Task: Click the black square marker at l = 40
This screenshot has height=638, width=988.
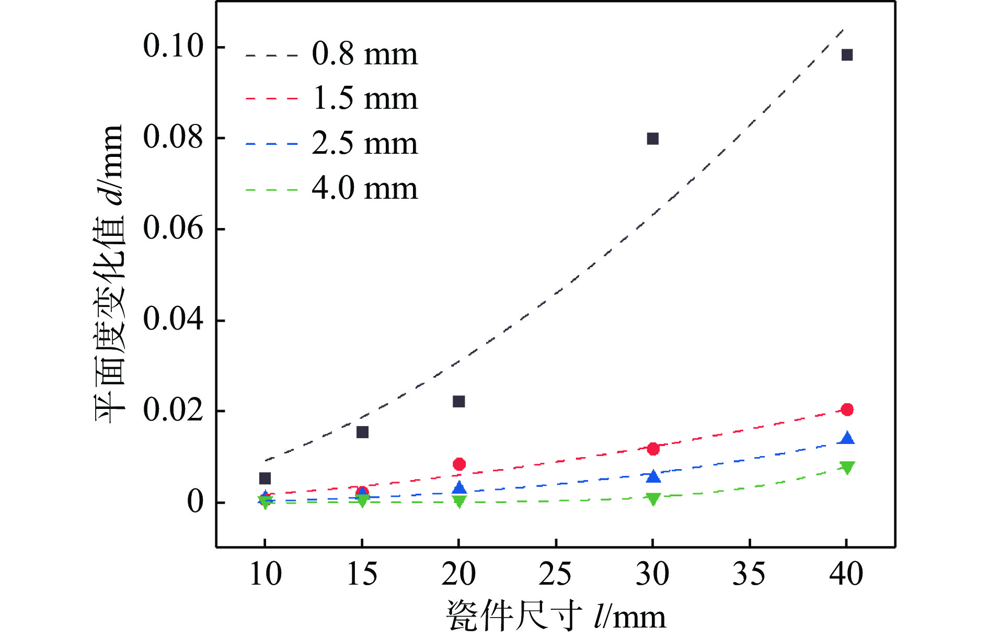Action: click(847, 55)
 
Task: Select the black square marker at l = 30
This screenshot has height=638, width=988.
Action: click(652, 139)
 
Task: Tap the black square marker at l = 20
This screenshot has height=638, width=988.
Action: click(458, 402)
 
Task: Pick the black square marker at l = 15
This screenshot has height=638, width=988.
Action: click(362, 432)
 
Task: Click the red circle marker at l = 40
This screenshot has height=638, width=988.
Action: click(847, 409)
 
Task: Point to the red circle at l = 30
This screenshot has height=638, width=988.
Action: click(653, 449)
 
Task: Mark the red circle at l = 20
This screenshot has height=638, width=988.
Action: click(459, 464)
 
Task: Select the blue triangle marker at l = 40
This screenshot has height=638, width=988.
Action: click(847, 439)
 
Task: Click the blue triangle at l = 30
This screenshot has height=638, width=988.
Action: click(653, 476)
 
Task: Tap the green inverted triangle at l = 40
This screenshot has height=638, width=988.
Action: click(847, 467)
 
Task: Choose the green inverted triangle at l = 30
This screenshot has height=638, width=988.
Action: click(653, 498)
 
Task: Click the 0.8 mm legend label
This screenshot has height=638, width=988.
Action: click(365, 54)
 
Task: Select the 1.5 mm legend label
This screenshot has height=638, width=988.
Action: click(365, 98)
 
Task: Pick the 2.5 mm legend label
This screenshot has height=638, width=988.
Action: click(365, 143)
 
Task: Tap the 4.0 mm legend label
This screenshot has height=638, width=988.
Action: click(365, 188)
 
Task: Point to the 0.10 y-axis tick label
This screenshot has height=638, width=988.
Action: click(173, 46)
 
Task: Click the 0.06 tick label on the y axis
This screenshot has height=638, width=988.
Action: click(173, 229)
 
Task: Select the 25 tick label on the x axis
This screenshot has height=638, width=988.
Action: click(555, 574)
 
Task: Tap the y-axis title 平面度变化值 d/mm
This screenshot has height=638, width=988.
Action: click(110, 273)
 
